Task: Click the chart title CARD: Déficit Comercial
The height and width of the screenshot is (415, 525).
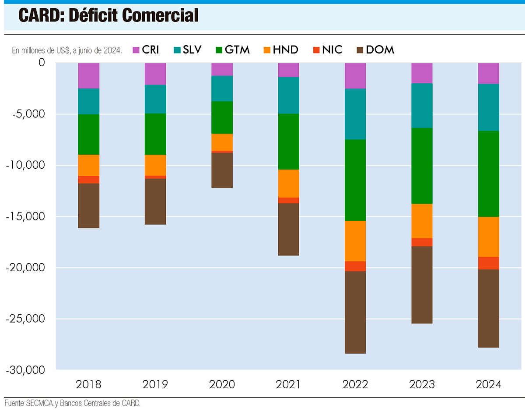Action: (x=108, y=16)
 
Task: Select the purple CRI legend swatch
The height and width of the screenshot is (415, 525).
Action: (x=136, y=50)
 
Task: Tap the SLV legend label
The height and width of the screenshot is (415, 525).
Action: (x=192, y=50)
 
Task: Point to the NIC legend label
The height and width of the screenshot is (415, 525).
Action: (x=332, y=50)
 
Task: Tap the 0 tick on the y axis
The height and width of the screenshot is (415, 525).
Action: (x=42, y=63)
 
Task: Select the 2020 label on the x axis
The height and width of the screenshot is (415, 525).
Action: (x=222, y=385)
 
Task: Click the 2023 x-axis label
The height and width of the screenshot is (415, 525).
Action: (x=422, y=385)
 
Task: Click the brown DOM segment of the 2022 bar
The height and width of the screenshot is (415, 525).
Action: (x=355, y=312)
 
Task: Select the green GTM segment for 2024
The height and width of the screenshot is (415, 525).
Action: (x=488, y=174)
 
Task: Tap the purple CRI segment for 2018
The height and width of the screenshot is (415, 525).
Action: (x=89, y=76)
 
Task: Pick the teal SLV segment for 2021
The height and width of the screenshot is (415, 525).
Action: (x=289, y=95)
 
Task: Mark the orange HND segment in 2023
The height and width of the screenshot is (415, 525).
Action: (x=422, y=221)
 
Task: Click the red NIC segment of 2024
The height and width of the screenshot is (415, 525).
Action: (x=488, y=263)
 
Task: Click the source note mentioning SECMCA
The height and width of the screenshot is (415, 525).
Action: (x=73, y=403)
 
